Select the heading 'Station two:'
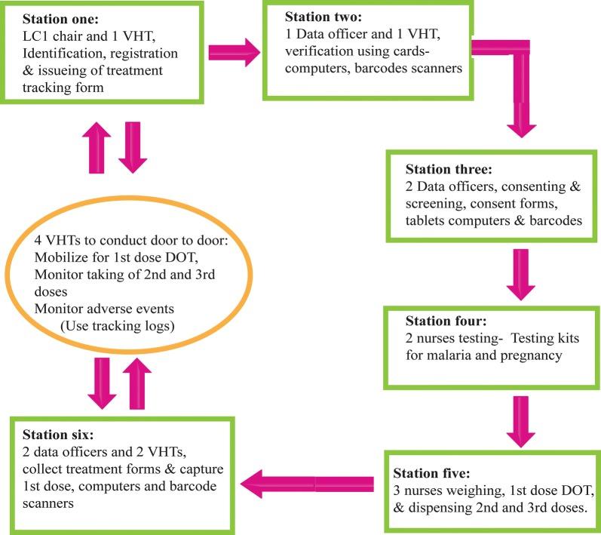tap(322, 17)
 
